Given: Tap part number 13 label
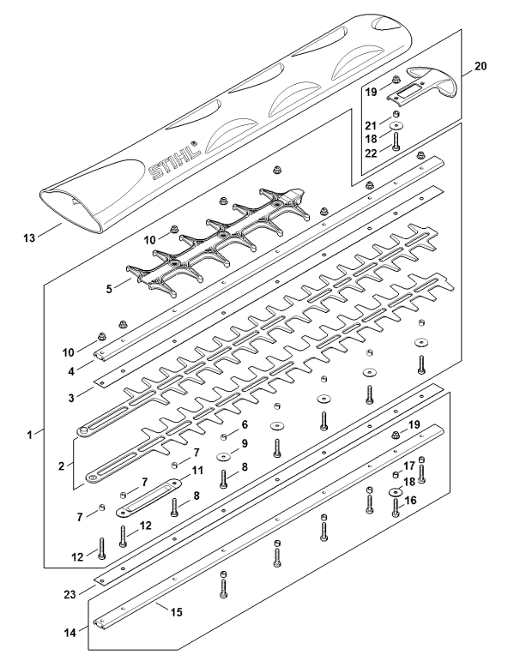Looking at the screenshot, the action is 29,237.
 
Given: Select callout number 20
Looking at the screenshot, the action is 481,66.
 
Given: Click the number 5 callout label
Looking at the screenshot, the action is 109,289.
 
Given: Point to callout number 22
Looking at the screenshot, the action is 372,153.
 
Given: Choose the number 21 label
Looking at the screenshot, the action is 372,125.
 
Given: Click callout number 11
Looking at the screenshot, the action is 197,471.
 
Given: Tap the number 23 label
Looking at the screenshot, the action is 70,594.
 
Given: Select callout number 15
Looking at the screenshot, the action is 176,612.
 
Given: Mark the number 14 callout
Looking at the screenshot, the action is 70,633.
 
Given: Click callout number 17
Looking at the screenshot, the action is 409,466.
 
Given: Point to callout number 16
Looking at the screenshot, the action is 410,501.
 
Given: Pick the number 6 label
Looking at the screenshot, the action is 245,424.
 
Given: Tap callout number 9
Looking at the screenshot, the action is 245,443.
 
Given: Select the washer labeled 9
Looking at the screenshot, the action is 224,456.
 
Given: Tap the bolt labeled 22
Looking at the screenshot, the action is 396,141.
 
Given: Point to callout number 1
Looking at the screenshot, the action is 29,436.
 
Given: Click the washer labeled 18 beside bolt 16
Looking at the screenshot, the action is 396,492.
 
